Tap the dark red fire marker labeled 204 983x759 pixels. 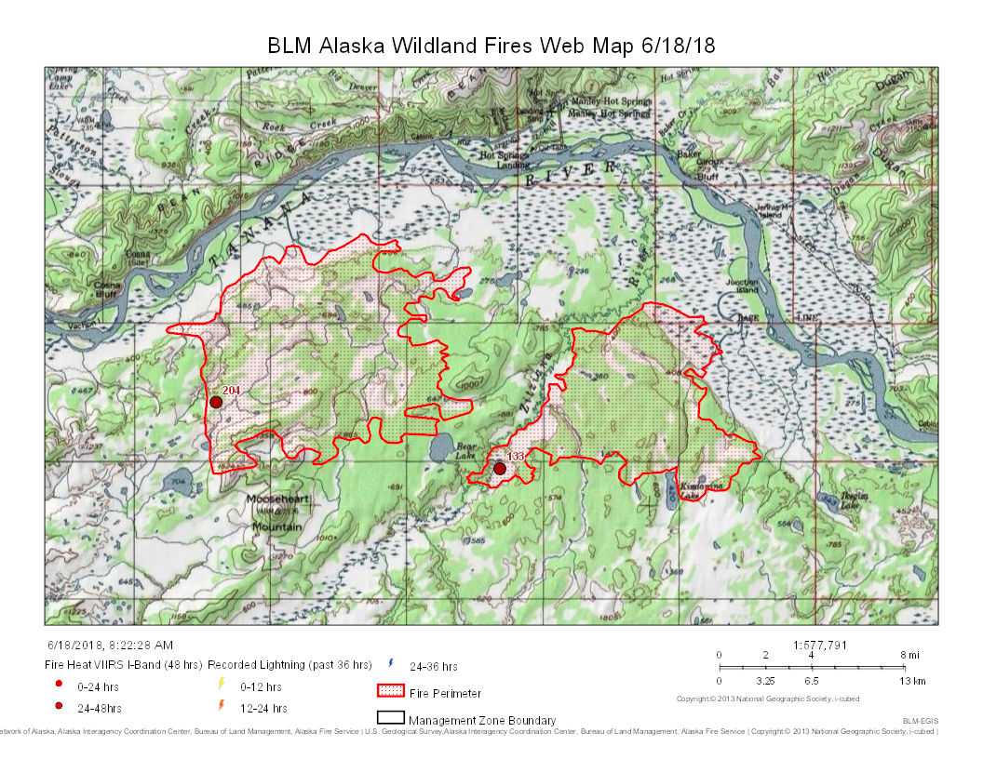coord(216,402)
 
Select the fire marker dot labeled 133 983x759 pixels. coord(500,469)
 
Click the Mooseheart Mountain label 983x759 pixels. coord(276,513)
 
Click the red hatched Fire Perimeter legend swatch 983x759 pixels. coord(390,692)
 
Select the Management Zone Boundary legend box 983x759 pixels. coord(390,719)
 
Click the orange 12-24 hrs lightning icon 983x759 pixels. coord(220,706)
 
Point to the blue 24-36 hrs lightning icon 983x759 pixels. coord(390,664)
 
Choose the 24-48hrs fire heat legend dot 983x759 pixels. coord(59,707)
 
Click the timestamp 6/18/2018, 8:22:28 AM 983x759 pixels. coord(110,645)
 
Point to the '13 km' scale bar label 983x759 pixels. coord(913,681)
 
